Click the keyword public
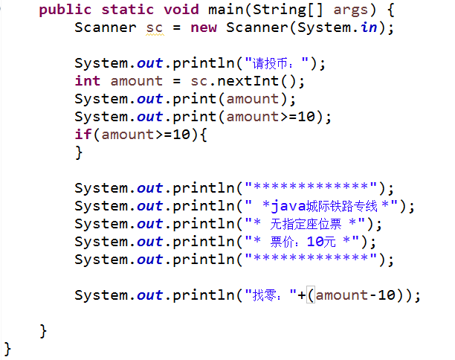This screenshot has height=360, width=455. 65,10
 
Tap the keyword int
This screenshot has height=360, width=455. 88,81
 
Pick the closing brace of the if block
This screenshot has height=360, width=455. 79,152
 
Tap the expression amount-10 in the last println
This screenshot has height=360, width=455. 361,295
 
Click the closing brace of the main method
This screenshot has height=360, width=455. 43,330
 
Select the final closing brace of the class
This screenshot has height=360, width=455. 8,347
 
